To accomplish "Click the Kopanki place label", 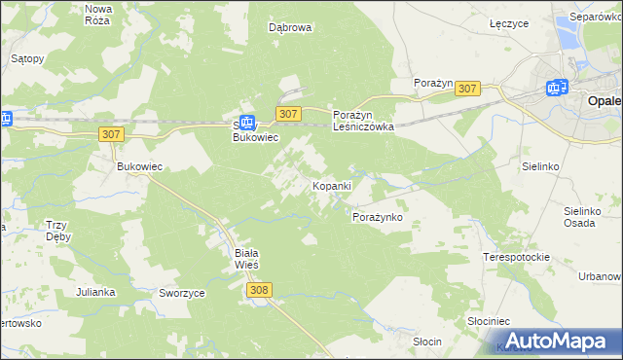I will [331, 185].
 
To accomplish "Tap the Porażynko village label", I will [377, 217].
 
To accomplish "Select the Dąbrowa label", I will [290, 27].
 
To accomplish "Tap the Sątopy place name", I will [27, 58].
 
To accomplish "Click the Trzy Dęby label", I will [61, 231].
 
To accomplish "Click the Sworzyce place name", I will [180, 292].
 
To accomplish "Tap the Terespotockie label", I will [517, 257].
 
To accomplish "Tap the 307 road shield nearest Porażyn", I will [467, 89].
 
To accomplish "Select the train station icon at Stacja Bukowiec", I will [247, 123].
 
